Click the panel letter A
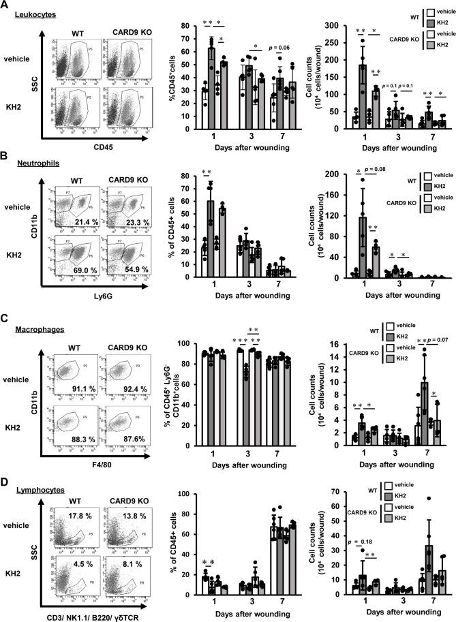(x=6, y=6)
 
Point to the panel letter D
(x=6, y=467)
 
